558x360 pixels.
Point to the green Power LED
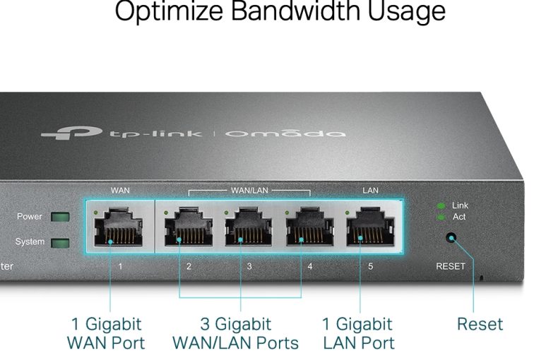(x=60, y=217)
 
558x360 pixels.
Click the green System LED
(x=60, y=242)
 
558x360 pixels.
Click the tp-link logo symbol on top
(x=71, y=132)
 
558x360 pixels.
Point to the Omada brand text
(x=286, y=133)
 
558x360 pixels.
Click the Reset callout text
(x=480, y=325)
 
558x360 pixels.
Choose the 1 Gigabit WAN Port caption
(x=106, y=334)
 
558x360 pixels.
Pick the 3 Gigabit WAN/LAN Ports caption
(x=236, y=334)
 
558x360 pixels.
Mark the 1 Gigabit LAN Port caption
(x=357, y=334)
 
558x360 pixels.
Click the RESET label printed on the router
(x=450, y=266)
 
